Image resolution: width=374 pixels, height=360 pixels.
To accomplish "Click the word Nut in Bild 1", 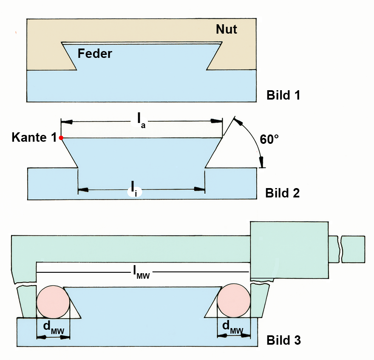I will point(226,29).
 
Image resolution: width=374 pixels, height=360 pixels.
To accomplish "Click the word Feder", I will point(95,54).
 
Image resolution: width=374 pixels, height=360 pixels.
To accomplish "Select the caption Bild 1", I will point(283,95).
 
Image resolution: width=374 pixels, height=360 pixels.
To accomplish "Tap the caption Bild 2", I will point(283,193).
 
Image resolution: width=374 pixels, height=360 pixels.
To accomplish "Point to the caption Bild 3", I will point(283,340).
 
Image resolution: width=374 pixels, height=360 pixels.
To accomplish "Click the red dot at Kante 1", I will point(61,138).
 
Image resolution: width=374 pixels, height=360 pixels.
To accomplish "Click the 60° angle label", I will point(269,139).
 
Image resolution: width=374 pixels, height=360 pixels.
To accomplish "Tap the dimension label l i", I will point(134,189).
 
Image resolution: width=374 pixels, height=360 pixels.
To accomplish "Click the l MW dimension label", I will point(142,271).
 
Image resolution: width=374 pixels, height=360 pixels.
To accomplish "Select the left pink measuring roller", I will point(53,302).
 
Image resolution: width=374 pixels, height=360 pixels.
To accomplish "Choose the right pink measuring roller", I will point(233,302).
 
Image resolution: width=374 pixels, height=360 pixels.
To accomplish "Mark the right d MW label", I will point(233,327).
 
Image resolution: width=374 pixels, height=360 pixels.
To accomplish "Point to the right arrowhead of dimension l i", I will point(199,189).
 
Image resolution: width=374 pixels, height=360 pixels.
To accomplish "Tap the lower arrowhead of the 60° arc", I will point(262,163).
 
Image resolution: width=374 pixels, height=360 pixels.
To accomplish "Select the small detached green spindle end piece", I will point(353,249).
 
